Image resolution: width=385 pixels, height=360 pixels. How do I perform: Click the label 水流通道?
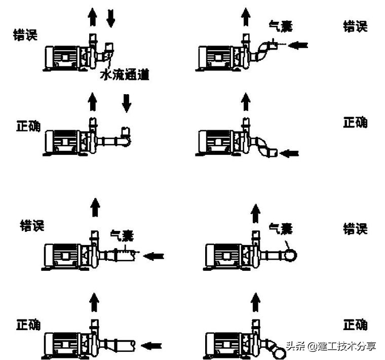125,75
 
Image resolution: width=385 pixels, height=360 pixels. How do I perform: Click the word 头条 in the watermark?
295,346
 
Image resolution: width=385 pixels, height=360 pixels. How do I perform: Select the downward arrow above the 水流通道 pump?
111,18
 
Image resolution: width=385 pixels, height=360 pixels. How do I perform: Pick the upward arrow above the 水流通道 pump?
92,18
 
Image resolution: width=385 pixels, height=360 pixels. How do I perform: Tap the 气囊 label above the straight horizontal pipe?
122,235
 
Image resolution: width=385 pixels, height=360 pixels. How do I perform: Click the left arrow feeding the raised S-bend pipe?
298,46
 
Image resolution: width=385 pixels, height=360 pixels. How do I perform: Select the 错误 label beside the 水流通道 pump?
26,35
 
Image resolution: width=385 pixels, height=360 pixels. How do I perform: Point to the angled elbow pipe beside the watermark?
276,349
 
